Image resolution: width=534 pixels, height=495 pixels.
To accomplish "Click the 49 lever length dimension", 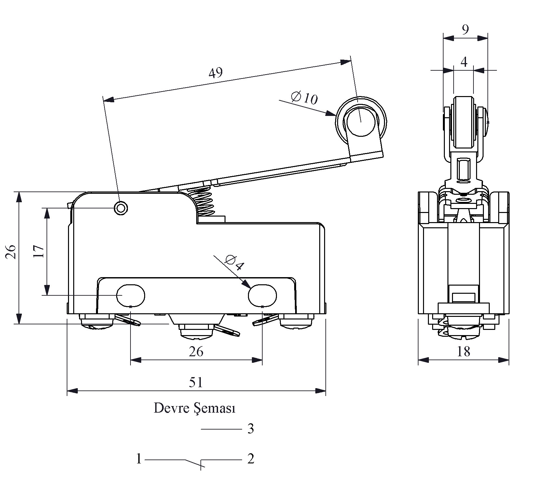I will click(215, 73).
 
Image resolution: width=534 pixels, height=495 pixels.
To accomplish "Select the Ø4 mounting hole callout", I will click(234, 263).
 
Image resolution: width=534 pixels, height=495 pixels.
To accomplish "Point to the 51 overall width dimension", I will click(196, 382).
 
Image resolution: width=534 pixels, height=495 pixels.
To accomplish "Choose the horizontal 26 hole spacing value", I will click(196, 352).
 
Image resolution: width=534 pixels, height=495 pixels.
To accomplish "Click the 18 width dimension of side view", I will click(463, 352).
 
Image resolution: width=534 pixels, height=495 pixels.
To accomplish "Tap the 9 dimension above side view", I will click(465, 30).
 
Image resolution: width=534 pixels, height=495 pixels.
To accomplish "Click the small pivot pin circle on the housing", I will click(121, 208).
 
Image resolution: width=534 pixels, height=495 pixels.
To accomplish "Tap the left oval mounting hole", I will click(131, 295).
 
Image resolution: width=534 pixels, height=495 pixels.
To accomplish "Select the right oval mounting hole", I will click(262, 295).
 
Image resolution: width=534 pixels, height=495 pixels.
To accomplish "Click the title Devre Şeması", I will click(194, 408).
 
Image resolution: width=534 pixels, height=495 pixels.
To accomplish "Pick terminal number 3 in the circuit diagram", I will click(251, 429).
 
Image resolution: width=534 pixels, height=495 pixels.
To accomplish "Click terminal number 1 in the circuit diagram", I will click(139, 459).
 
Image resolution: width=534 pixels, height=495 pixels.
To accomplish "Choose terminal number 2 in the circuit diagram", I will click(251, 459).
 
